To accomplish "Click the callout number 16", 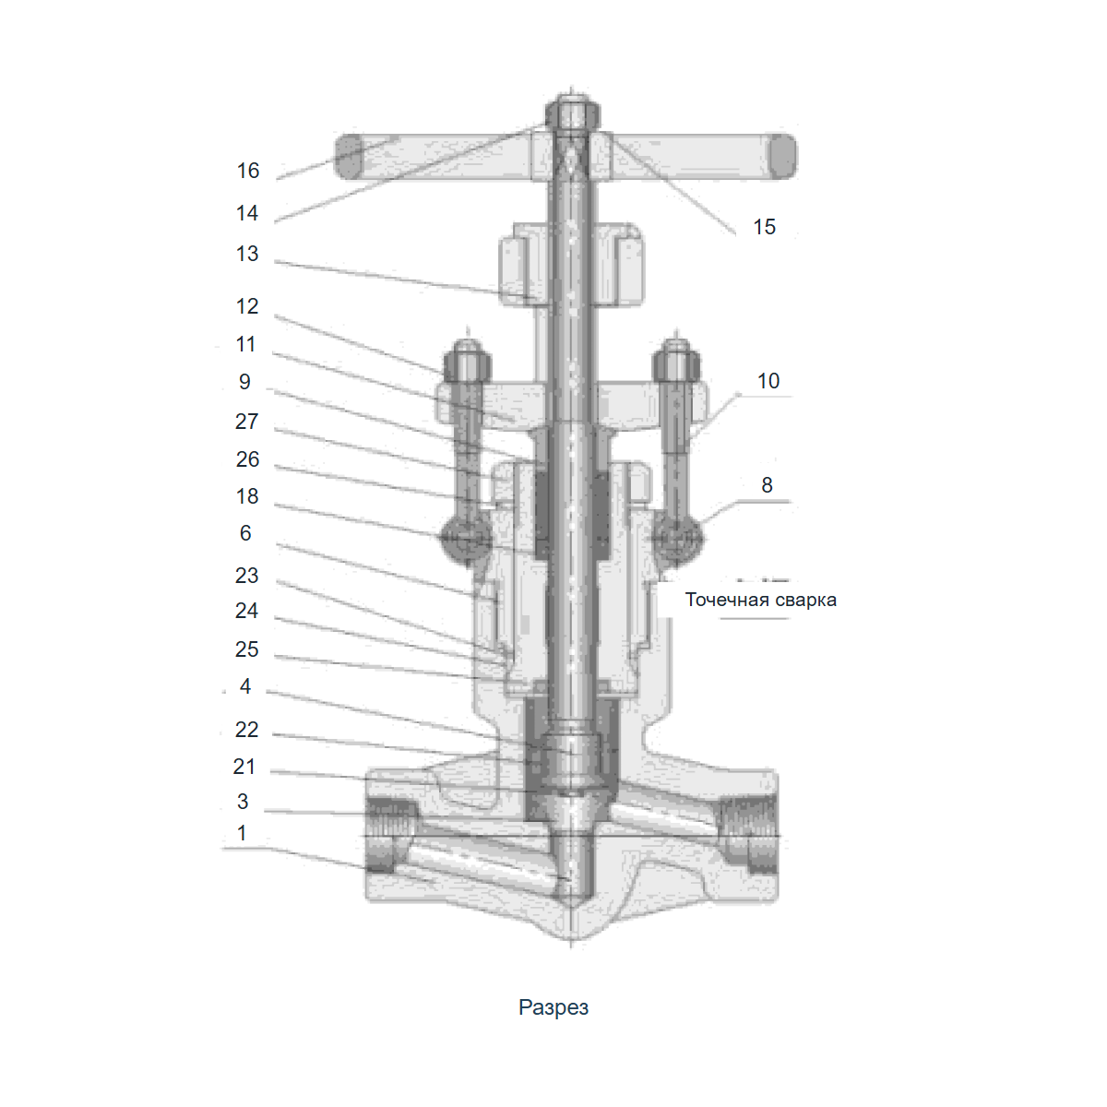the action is point(248,171).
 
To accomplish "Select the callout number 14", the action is point(247,213).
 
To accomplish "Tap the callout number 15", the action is point(764,227).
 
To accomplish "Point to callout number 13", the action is point(247,254).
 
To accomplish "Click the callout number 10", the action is point(768,381).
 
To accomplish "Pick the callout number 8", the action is point(767,485).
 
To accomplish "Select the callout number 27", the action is point(247,422).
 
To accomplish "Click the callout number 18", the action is point(247,496).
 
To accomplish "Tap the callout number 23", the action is point(247,576).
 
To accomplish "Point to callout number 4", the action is point(245,686).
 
